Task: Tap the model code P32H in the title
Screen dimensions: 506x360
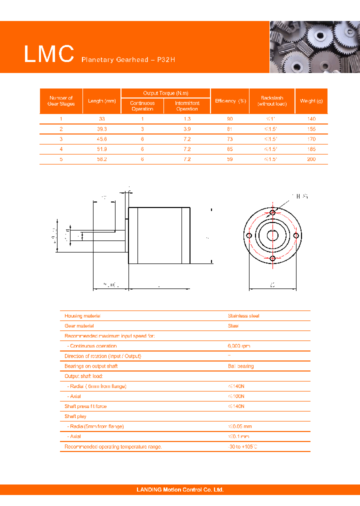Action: [x=166, y=60]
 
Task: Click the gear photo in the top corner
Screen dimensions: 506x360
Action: [x=314, y=47]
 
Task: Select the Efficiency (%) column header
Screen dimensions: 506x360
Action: [x=230, y=101]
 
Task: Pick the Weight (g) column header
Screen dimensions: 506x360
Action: [x=311, y=101]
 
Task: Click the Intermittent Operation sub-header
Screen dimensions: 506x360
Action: [x=187, y=106]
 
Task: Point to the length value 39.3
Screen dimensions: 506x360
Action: [x=102, y=129]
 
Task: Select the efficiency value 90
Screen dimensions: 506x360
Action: [x=230, y=119]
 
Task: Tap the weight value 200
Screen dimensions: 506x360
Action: [x=311, y=159]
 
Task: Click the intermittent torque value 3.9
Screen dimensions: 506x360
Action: [x=187, y=129]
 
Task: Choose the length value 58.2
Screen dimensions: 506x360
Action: [x=102, y=159]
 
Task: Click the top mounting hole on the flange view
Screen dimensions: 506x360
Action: [x=272, y=213]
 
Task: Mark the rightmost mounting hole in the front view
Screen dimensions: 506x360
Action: [x=295, y=235]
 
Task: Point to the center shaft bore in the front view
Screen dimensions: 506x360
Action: [x=272, y=235]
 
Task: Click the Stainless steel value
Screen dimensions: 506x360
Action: [x=243, y=316]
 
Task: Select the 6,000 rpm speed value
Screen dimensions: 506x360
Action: [x=239, y=346]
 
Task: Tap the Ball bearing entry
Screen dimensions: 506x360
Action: [x=240, y=366]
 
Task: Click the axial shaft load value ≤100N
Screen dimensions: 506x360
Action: [x=236, y=396]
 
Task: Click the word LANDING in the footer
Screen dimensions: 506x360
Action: [x=149, y=490]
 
